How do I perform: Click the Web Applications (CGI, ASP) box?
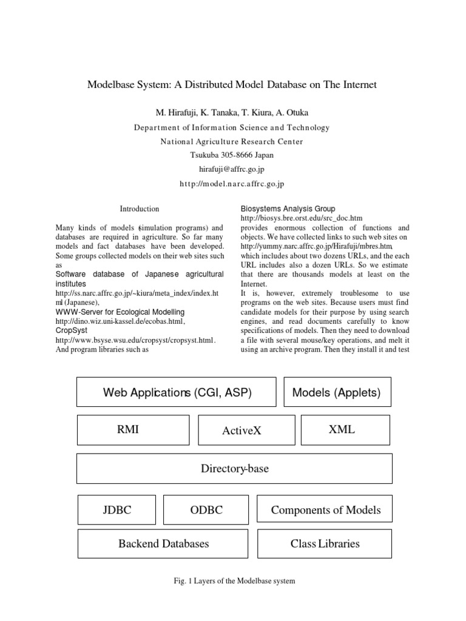(x=176, y=392)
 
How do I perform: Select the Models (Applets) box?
(x=337, y=392)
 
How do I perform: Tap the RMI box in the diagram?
(x=129, y=430)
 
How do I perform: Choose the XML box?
(x=342, y=430)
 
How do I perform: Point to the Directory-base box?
(x=234, y=469)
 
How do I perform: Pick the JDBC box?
(x=116, y=510)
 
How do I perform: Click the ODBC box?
(x=206, y=510)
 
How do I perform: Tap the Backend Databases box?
(x=163, y=543)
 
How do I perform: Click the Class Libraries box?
(x=325, y=543)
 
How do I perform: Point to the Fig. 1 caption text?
(x=234, y=581)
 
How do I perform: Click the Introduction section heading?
(x=140, y=209)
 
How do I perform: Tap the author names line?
(x=232, y=113)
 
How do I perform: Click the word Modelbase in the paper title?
(x=111, y=85)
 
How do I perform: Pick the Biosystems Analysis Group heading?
(x=288, y=209)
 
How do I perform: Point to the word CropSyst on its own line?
(x=70, y=331)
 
